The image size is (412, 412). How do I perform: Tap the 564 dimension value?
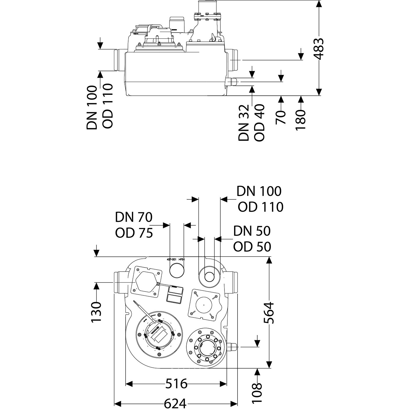pos(269,313)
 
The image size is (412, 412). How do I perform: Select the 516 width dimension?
pos(176,384)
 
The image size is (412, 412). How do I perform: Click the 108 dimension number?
pos(257,393)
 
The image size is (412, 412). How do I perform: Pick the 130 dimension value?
pos(96,312)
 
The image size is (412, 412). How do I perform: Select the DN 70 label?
pos(134,217)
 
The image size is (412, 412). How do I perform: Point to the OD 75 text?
pos(134,233)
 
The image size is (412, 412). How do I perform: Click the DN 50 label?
pos(252,231)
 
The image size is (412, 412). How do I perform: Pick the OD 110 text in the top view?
pos(261,207)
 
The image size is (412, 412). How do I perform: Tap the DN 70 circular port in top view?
pos(177,270)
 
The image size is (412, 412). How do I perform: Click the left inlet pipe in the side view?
pos(120,60)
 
